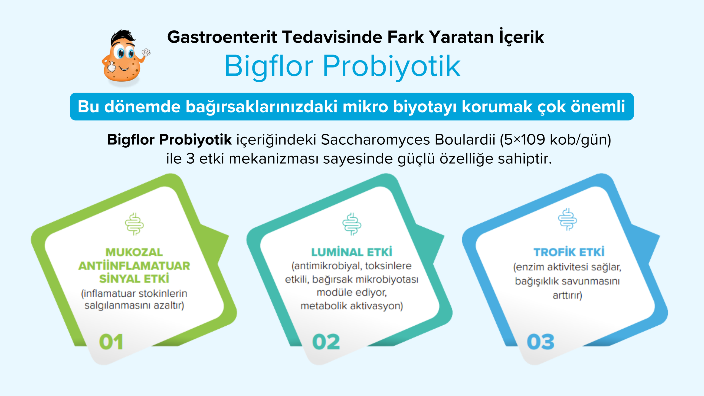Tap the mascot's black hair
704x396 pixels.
pos(123,37)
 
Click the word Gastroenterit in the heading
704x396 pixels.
pos(222,37)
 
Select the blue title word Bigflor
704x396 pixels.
pos(269,66)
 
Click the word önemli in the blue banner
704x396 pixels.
pos(598,106)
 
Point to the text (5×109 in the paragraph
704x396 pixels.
pos(522,140)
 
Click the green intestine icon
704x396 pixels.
pos(134,224)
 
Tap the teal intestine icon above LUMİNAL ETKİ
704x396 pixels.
pos(352,224)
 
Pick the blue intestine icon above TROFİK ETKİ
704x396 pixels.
pos(567,219)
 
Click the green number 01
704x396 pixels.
pos(111,342)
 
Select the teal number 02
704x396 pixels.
pos(326,342)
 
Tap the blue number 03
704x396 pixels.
pos(541,342)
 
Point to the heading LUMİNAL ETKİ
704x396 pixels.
pos(352,252)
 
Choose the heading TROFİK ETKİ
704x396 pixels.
pos(569,252)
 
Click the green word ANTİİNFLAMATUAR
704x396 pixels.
pos(134,266)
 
